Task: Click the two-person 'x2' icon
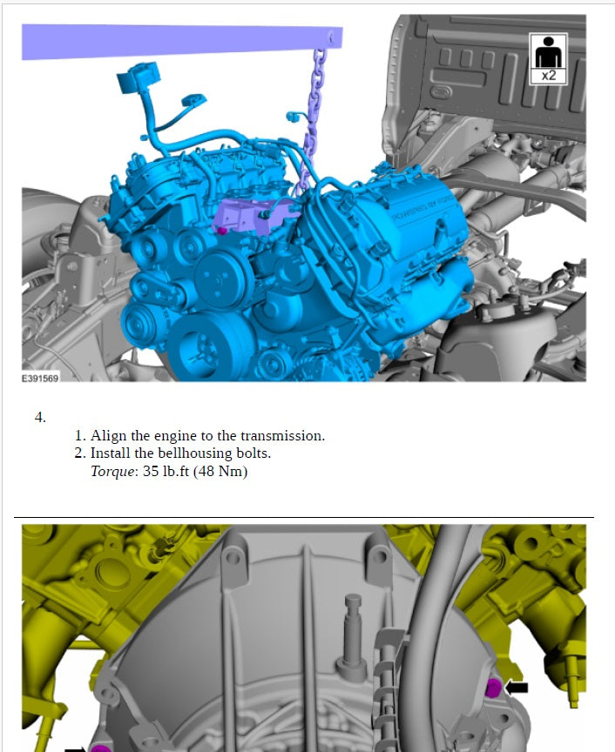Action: click(x=549, y=58)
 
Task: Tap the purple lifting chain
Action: click(x=313, y=122)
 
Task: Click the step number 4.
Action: click(x=40, y=417)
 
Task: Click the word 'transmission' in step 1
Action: click(x=284, y=436)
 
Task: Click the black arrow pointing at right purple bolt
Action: click(x=517, y=687)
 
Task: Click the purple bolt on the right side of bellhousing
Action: click(x=492, y=688)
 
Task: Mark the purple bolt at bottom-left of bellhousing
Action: click(x=101, y=748)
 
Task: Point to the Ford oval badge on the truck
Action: click(x=439, y=90)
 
